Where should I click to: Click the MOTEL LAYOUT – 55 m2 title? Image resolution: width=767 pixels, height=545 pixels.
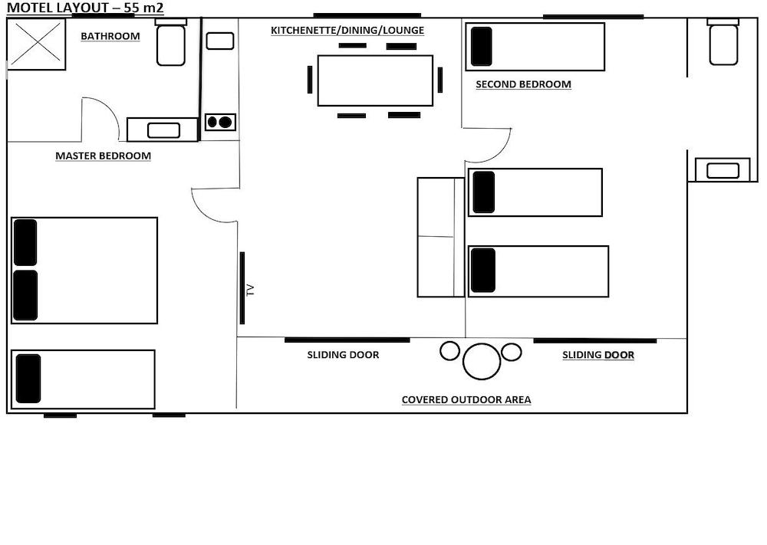(85, 8)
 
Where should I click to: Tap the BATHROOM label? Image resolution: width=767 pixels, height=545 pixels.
(110, 36)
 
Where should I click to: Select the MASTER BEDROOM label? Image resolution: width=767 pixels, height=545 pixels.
(103, 156)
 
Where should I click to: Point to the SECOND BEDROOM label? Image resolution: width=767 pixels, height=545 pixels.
(523, 84)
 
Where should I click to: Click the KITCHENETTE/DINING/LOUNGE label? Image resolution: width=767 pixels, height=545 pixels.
(347, 31)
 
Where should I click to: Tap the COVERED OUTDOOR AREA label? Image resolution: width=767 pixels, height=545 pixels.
(466, 400)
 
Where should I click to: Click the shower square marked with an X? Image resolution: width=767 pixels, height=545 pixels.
(36, 44)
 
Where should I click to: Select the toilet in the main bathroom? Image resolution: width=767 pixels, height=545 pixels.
(171, 42)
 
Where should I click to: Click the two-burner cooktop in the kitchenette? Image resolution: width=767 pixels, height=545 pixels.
(220, 122)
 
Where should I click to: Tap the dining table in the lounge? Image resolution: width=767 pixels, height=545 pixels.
(375, 80)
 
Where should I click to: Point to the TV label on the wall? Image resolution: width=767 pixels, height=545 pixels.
(251, 290)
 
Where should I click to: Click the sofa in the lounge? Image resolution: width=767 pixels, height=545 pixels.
(441, 237)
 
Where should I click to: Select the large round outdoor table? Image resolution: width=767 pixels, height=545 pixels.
(482, 361)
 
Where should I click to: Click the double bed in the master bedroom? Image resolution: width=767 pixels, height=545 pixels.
(84, 271)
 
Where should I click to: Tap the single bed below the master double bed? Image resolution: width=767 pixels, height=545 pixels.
(83, 379)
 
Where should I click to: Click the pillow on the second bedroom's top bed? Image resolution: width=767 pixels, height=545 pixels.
(482, 47)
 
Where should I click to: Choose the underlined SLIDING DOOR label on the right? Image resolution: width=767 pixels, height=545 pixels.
(597, 355)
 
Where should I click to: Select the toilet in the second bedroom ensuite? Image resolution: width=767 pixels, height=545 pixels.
(723, 42)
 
